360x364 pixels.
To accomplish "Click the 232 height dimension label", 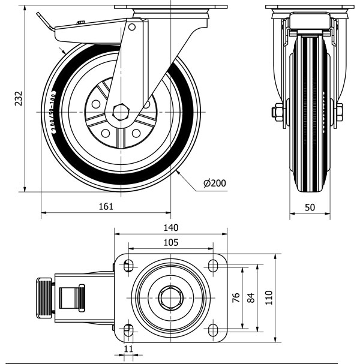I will [x=18, y=98].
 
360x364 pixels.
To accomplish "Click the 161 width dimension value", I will [x=106, y=206].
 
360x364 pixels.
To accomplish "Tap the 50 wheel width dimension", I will [x=310, y=207].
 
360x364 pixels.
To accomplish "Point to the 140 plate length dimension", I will [x=171, y=228].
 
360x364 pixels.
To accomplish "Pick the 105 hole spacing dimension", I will [x=171, y=242].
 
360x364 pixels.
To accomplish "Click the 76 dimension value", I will [x=236, y=297].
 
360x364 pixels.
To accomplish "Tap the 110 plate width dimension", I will [x=269, y=296].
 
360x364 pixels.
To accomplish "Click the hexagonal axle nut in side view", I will [x=119, y=112].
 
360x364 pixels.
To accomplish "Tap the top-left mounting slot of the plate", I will [x=128, y=266].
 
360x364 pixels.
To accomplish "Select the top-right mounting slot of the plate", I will [x=213, y=266].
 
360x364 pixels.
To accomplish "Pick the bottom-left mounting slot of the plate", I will [x=128, y=328].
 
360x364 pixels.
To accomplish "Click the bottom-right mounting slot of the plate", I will [x=213, y=328].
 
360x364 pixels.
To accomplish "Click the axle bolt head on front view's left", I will [x=277, y=112].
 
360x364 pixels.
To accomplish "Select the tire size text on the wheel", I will [x=50, y=112].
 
